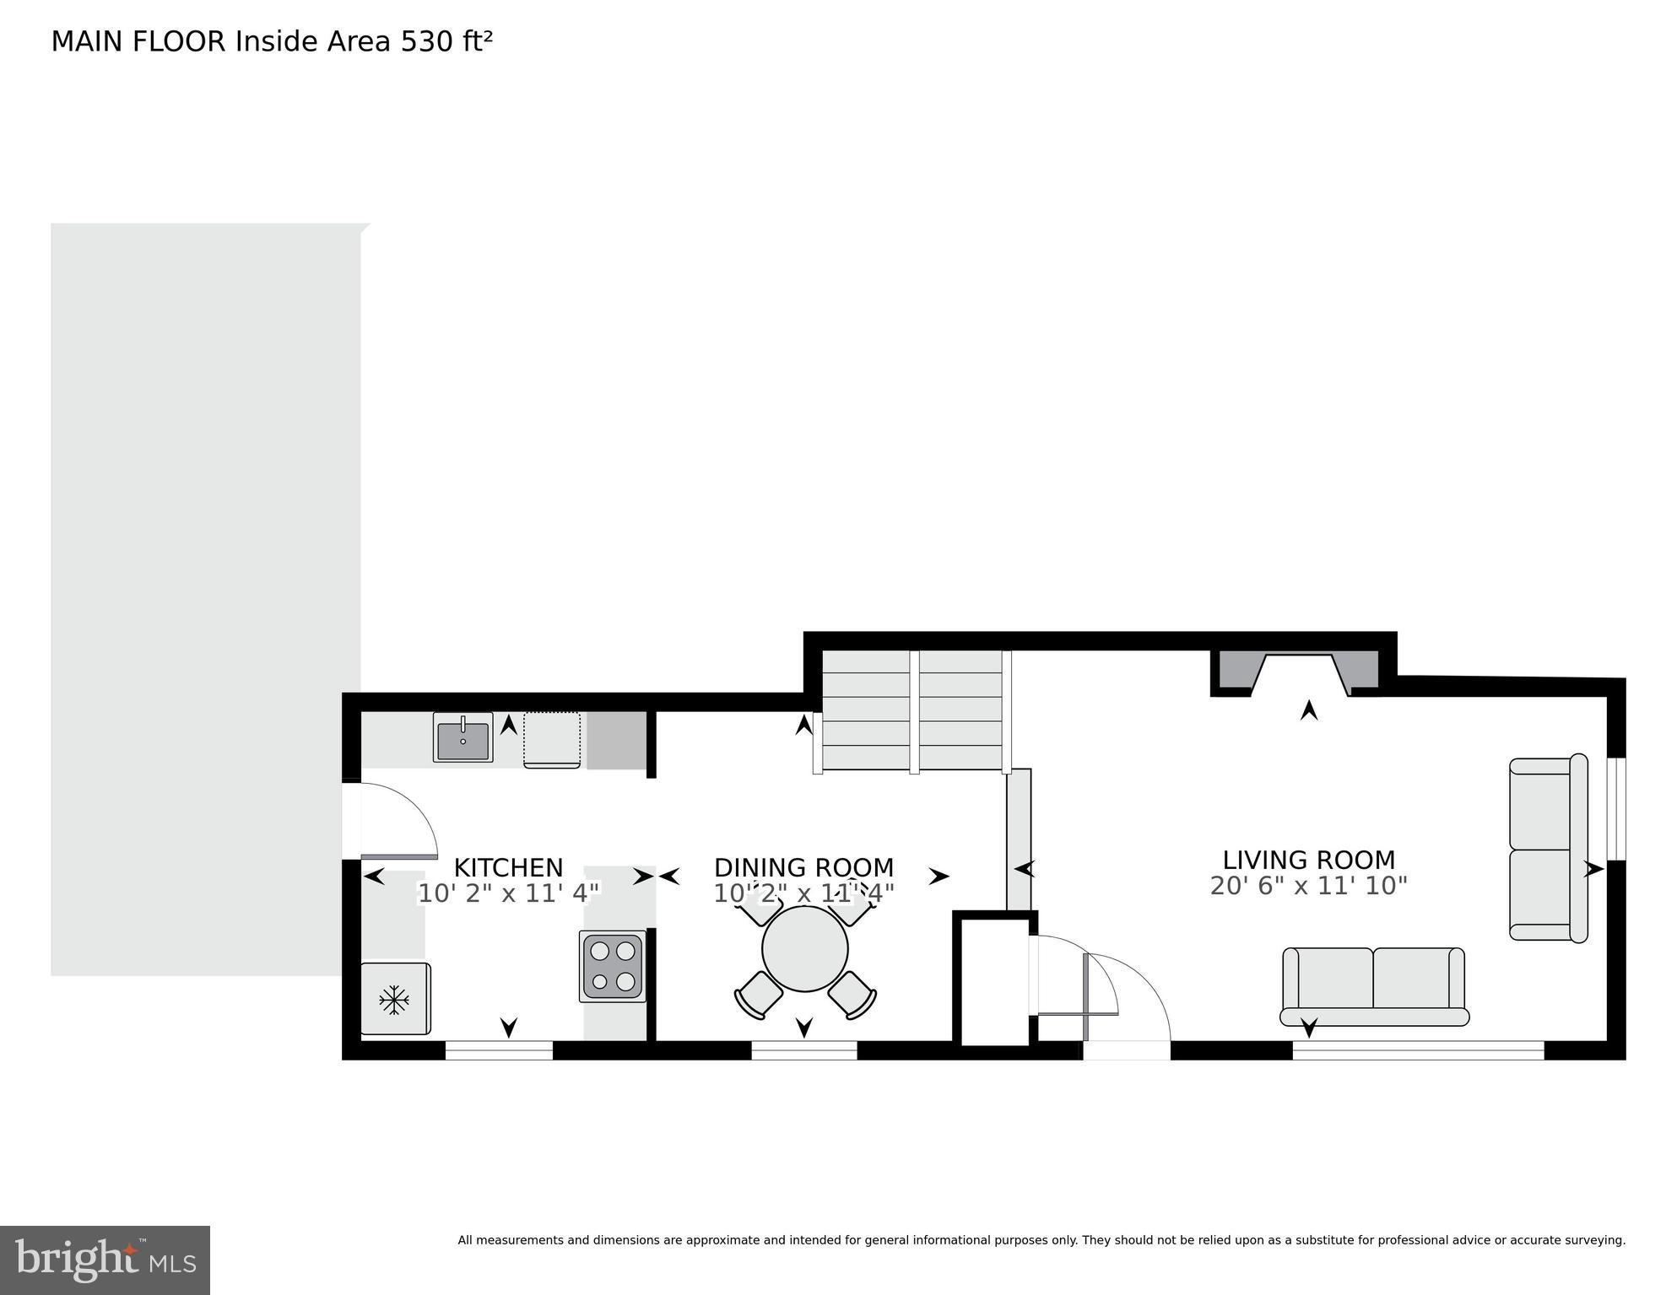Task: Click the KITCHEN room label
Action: tap(508, 867)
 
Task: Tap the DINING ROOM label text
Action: tap(803, 867)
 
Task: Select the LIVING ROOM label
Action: tap(1308, 860)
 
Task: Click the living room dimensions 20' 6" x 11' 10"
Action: tap(1308, 886)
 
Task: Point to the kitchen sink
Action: tap(463, 737)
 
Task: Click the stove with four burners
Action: tap(612, 966)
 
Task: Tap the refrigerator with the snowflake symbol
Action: tap(395, 999)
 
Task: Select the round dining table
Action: tap(804, 949)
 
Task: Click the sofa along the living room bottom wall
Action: tap(1373, 985)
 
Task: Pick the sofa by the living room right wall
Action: tap(1546, 848)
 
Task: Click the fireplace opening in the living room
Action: tap(1300, 675)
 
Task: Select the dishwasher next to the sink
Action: tap(552, 739)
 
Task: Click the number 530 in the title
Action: tap(426, 41)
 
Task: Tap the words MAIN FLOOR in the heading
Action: tap(138, 41)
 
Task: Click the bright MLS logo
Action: tap(105, 1260)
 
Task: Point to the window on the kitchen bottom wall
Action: tap(499, 1050)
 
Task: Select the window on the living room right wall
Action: tap(1616, 808)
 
